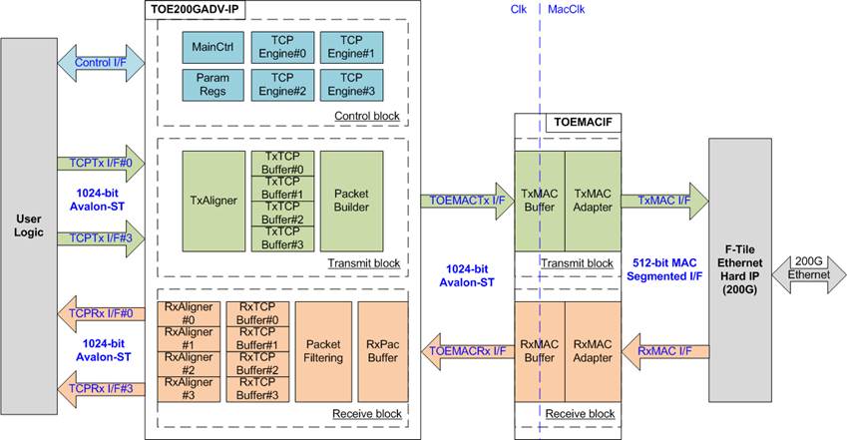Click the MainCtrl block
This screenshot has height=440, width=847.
click(212, 47)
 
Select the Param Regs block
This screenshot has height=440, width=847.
click(212, 83)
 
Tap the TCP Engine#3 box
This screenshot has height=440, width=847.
click(349, 83)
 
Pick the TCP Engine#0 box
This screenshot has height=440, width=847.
click(280, 47)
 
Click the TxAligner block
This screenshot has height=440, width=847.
click(212, 200)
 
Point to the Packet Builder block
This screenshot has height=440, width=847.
click(351, 200)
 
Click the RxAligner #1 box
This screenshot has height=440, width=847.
click(189, 338)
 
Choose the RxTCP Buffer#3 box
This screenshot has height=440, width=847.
click(257, 388)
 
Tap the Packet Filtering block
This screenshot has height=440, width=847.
click(322, 351)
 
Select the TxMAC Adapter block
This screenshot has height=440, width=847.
click(593, 202)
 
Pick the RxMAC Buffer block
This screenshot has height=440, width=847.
click(539, 351)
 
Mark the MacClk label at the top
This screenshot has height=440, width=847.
click(567, 9)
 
